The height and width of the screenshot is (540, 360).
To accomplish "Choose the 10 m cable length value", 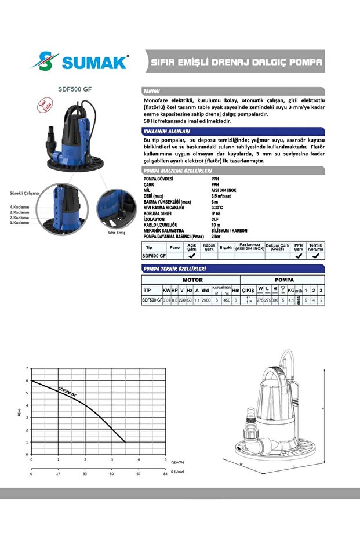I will (x=216, y=224).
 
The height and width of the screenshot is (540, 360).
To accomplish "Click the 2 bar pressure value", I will (x=216, y=237).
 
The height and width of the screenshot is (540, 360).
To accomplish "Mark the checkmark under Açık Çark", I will (x=191, y=255).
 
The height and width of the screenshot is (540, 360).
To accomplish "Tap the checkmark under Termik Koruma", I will (x=315, y=255).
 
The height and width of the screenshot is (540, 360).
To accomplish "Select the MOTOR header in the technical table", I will (x=192, y=280).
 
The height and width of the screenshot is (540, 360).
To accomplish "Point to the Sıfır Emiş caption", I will (x=117, y=232).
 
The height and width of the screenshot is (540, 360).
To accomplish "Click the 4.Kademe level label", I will (x=19, y=207).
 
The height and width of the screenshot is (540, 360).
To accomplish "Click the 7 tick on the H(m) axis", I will (x=27, y=368).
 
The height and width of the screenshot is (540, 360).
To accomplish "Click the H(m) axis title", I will (x=19, y=412).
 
